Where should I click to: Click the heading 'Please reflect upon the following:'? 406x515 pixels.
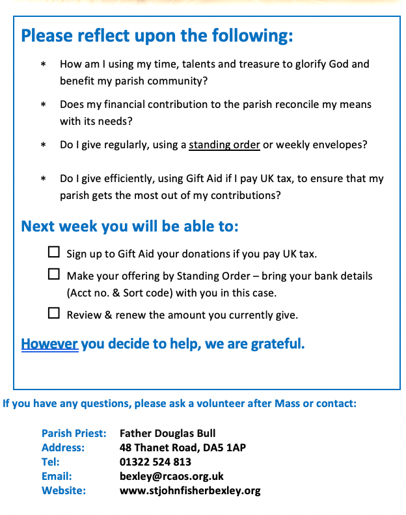point(157,35)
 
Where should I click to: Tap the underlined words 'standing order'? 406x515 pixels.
point(224,144)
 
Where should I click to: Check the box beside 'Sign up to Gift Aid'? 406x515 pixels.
point(54,252)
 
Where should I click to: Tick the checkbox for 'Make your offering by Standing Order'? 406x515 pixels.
point(54,274)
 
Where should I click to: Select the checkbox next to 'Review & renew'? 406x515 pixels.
point(54,313)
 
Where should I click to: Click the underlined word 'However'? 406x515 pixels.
point(49,343)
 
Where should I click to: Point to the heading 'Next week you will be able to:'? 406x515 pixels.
point(129,226)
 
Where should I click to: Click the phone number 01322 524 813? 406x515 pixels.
point(156,462)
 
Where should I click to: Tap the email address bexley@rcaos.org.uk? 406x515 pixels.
point(172,476)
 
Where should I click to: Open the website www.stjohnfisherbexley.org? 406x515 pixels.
point(190,490)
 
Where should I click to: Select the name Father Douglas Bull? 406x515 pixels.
point(168,433)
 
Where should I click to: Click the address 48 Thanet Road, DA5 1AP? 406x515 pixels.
point(183,447)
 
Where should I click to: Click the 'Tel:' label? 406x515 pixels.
point(51,462)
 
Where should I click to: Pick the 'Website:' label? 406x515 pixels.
point(64,490)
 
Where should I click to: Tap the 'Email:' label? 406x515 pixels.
point(57,476)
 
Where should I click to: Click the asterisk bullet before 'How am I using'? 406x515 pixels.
point(44,65)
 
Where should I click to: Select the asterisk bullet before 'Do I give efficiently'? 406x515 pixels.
point(44,179)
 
